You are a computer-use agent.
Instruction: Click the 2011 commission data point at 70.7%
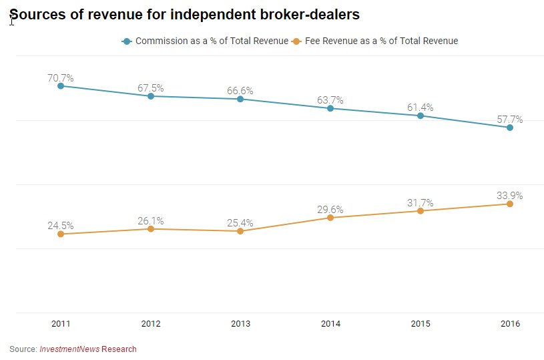click(x=61, y=86)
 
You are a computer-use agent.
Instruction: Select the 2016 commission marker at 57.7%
click(x=510, y=128)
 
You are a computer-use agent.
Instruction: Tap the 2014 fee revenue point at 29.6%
click(x=330, y=218)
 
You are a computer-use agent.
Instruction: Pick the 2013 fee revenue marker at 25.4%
click(x=240, y=231)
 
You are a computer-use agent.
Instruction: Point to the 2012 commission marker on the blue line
click(x=151, y=96)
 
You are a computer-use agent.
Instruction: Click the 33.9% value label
click(x=510, y=196)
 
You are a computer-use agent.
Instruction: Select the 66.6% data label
click(x=240, y=90)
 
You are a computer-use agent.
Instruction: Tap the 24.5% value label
click(x=61, y=226)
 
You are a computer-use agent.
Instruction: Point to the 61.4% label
click(x=420, y=108)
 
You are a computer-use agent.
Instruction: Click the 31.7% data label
click(x=420, y=203)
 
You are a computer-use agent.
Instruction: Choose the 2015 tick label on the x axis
click(x=420, y=324)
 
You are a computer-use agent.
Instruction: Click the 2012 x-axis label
click(x=151, y=324)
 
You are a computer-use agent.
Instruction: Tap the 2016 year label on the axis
click(x=510, y=324)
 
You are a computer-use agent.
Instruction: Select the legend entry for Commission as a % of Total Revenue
click(x=212, y=41)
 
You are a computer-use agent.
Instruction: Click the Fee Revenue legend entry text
click(x=381, y=41)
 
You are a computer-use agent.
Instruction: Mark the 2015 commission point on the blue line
click(x=420, y=116)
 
